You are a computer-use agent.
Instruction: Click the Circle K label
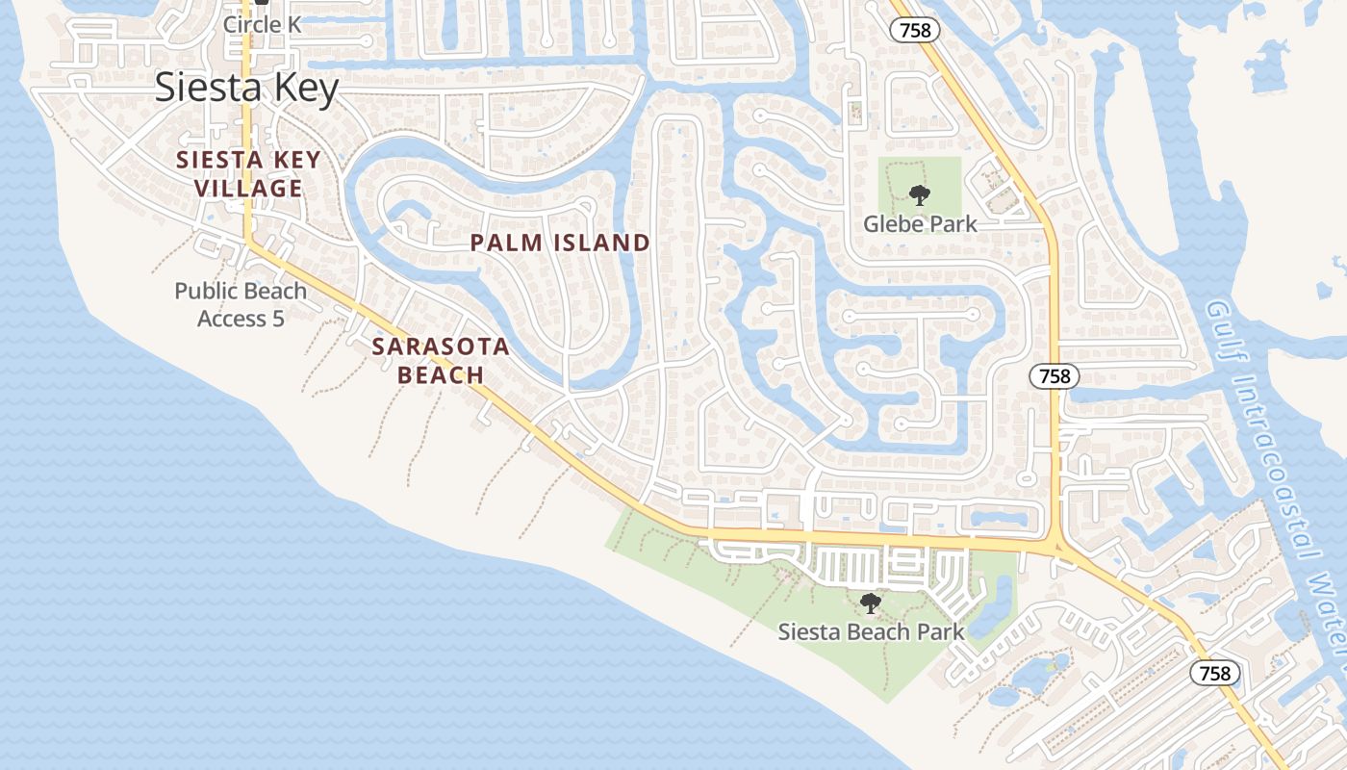262,24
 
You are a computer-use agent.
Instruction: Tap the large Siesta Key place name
247,88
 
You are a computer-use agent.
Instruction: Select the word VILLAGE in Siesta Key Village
249,188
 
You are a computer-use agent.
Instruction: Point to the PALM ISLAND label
560,243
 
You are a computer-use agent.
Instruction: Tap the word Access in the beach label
232,318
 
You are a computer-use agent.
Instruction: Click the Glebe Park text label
920,223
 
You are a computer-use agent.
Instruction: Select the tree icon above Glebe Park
920,195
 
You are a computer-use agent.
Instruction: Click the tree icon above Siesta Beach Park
870,603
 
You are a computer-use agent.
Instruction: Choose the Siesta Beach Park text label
870,631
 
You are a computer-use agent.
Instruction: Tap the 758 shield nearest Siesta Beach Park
1215,673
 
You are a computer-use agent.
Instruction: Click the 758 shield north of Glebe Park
915,30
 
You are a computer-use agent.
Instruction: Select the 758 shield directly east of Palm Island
1055,375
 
